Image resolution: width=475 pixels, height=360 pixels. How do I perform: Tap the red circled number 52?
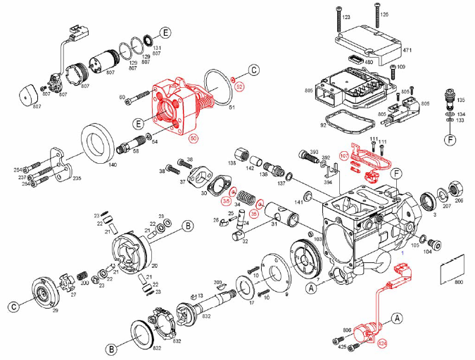[239, 86]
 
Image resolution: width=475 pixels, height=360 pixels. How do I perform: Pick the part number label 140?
[112, 164]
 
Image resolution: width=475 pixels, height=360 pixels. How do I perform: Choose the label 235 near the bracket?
[77, 179]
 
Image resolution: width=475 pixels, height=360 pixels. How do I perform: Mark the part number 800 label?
[460, 282]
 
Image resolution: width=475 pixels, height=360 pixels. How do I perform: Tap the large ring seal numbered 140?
[99, 142]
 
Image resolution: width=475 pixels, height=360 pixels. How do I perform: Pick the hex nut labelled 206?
[457, 189]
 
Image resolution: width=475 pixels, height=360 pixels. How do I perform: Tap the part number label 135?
[462, 100]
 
